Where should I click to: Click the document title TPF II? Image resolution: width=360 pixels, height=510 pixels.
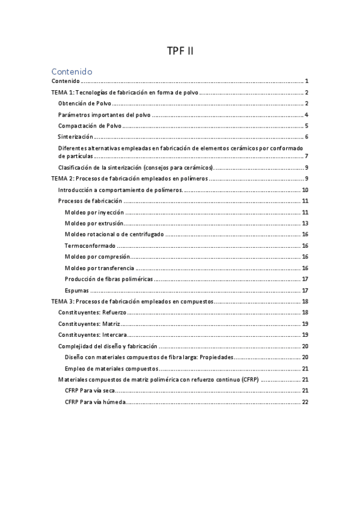tap(180, 51)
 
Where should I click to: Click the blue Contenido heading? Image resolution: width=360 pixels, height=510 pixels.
tap(72, 71)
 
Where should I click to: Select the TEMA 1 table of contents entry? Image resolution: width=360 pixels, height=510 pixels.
tap(125, 93)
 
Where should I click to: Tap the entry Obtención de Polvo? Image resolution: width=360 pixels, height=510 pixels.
tap(84, 104)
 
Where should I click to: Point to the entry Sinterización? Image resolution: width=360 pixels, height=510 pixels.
tap(75, 137)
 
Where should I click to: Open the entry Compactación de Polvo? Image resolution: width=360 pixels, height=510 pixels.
tap(90, 126)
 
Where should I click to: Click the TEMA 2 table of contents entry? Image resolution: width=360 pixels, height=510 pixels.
tap(130, 179)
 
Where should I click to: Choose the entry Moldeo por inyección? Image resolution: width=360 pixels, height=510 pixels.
tap(94, 212)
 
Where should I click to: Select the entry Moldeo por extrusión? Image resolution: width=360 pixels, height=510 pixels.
tap(94, 223)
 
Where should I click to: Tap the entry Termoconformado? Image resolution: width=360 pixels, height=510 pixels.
tap(90, 245)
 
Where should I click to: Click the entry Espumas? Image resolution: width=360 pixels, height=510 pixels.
tap(77, 290)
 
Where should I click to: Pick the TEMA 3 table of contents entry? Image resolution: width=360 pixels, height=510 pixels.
tap(132, 301)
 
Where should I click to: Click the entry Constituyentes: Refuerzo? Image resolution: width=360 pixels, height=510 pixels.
tap(93, 313)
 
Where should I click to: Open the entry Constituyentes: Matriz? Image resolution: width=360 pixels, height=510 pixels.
tap(89, 324)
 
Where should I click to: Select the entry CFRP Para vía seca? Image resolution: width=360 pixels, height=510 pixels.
tap(90, 391)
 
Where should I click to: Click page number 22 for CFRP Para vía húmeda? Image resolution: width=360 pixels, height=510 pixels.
tap(305, 402)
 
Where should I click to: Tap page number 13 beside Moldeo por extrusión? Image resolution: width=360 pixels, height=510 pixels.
tap(305, 223)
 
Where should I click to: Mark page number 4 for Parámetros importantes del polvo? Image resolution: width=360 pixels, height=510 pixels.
tap(307, 115)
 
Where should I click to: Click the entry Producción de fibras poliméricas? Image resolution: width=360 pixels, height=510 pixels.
tap(109, 279)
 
